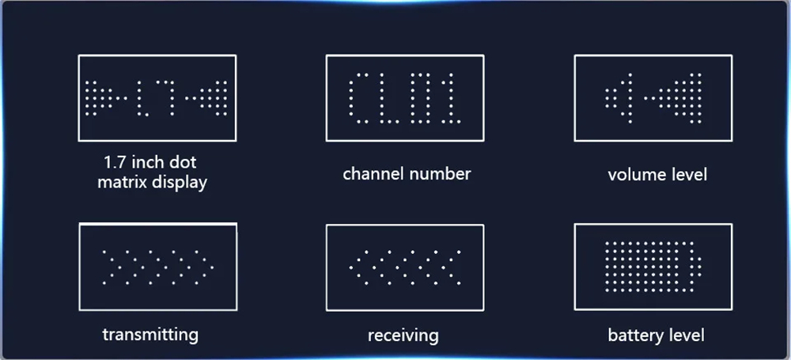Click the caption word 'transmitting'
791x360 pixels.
click(x=150, y=334)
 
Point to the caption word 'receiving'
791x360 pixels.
click(x=403, y=335)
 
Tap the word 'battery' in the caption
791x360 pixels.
click(x=635, y=335)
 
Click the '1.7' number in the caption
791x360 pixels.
click(x=115, y=162)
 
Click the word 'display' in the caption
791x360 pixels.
click(x=181, y=183)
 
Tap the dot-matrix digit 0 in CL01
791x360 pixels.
click(x=422, y=98)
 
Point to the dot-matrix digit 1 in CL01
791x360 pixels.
click(x=449, y=98)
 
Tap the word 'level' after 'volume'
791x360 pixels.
click(x=687, y=174)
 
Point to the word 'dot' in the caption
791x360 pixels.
click(x=184, y=162)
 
